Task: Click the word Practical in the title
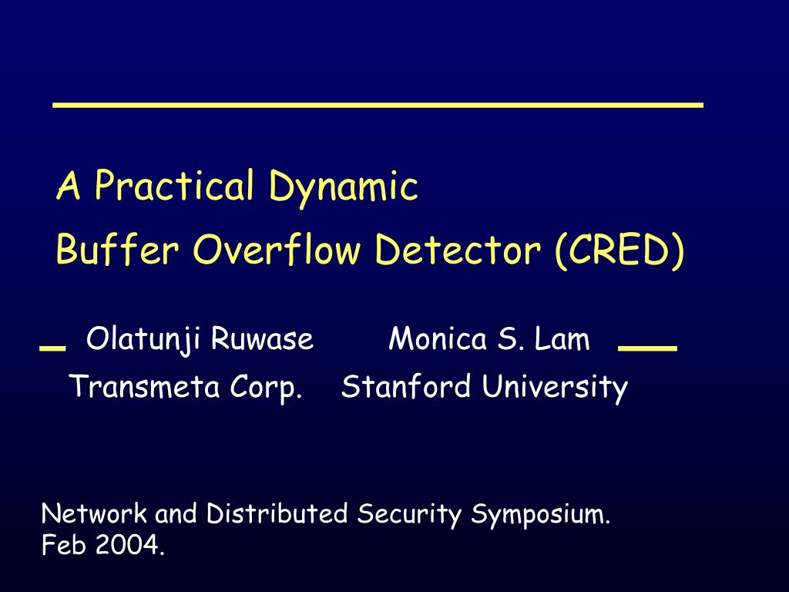point(174,187)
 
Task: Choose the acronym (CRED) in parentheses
point(618,251)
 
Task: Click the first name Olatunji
point(145,339)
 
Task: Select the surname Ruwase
point(263,339)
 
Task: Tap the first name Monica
point(438,339)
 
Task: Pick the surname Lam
point(564,339)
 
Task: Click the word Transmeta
point(145,386)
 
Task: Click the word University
point(555,388)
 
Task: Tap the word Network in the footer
point(96,513)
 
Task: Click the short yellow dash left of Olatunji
point(52,348)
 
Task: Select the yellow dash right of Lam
point(647,348)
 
